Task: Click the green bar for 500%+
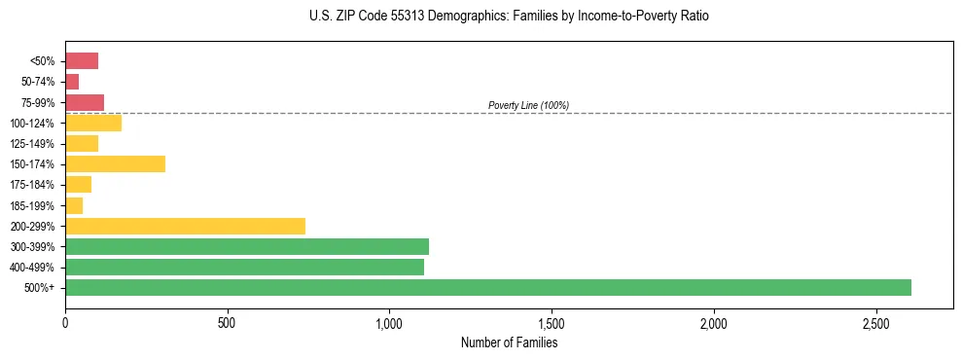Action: click(487, 287)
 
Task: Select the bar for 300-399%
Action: click(246, 246)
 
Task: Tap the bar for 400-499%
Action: click(244, 267)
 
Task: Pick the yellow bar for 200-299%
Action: click(185, 226)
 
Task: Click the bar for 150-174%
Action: click(115, 163)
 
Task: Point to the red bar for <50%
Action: click(82, 60)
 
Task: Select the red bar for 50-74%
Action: click(72, 82)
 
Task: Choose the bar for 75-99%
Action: click(85, 102)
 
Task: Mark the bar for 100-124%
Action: click(93, 123)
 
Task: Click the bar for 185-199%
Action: click(74, 205)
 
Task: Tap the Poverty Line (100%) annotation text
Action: click(528, 105)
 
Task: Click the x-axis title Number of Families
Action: click(509, 342)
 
